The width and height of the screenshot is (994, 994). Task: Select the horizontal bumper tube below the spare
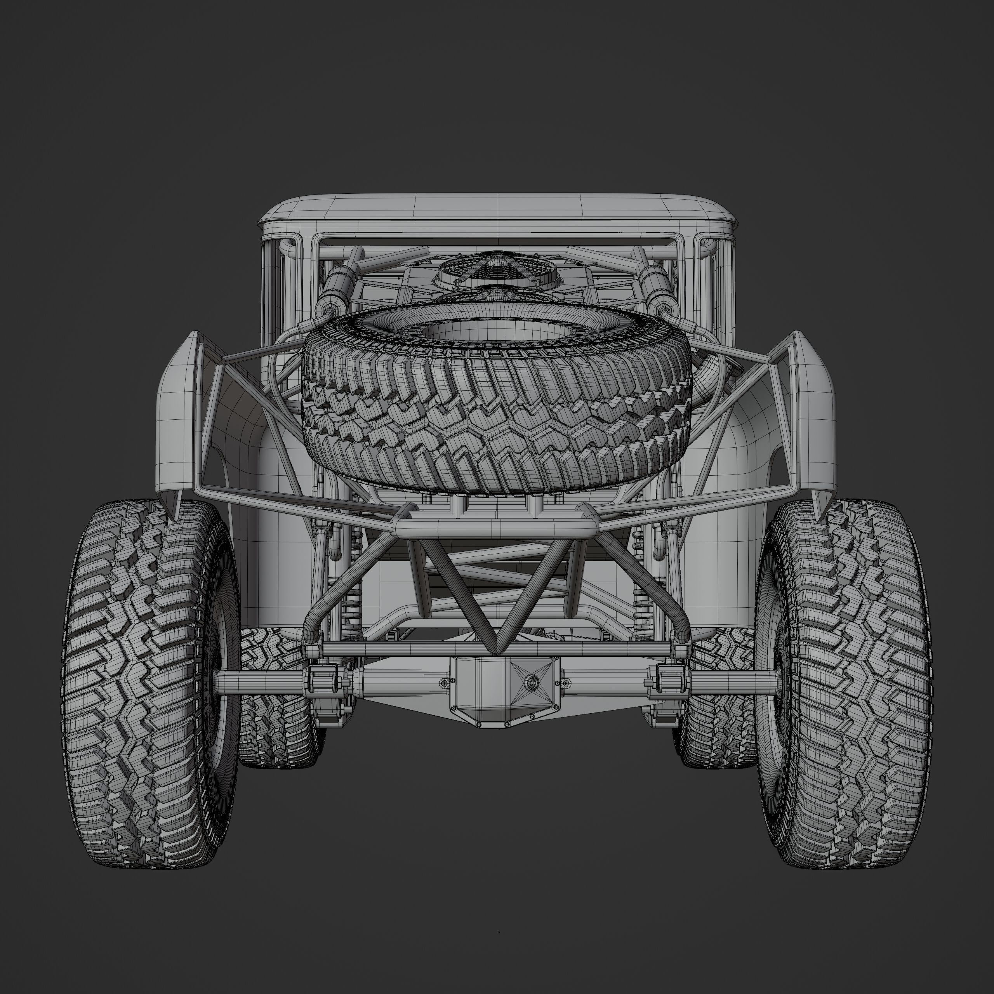[x=497, y=527]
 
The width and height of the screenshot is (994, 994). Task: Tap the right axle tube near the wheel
[x=731, y=682]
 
